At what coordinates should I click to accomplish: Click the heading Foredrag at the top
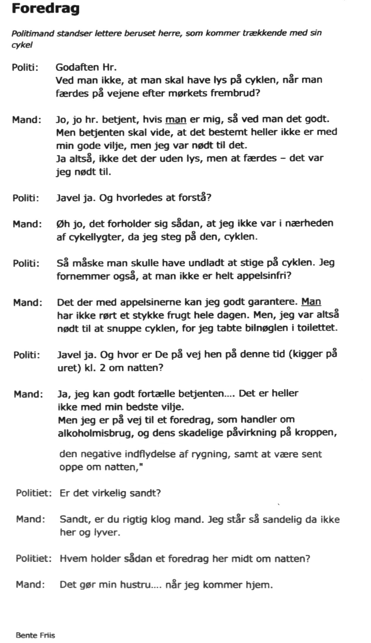[x=45, y=9]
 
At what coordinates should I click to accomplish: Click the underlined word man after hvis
[x=176, y=119]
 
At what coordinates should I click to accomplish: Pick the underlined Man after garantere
[x=311, y=302]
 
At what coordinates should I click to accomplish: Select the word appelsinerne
[x=152, y=302]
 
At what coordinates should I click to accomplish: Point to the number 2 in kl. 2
[x=102, y=368]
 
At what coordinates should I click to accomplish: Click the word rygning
[x=211, y=454]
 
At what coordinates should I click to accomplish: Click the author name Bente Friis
[x=35, y=635]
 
